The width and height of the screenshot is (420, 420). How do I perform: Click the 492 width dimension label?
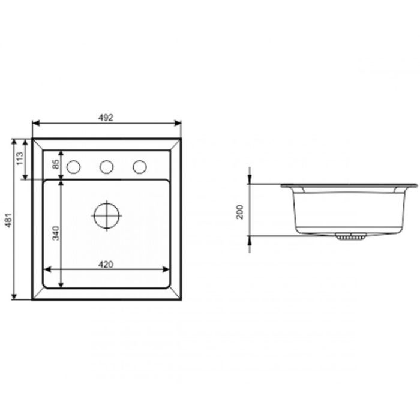click(106, 118)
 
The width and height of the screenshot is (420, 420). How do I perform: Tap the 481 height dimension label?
click(9, 220)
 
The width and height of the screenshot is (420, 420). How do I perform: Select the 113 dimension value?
click(20, 158)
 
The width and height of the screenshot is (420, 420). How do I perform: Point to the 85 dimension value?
click(56, 164)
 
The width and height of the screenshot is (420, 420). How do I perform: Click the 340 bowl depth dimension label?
click(55, 233)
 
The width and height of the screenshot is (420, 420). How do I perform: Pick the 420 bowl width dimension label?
click(106, 265)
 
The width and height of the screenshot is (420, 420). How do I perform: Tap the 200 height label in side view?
click(239, 212)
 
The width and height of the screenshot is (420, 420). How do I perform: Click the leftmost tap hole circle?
click(73, 167)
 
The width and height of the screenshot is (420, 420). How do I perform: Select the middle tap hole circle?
click(107, 167)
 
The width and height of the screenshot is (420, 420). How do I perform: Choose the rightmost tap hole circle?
click(140, 167)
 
